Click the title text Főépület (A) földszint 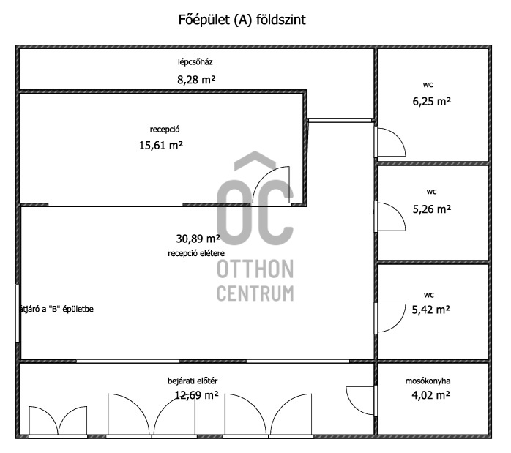tap(242, 20)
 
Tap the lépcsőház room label tap(195, 62)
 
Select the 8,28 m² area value tap(196, 80)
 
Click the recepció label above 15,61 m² tap(165, 130)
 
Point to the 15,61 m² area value tap(161, 145)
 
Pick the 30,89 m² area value tap(198, 239)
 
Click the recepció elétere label tap(196, 253)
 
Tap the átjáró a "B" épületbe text tap(56, 309)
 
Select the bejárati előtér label tap(193, 381)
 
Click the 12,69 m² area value tap(197, 395)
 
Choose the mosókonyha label tap(428, 381)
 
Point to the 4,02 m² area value tap(430, 395)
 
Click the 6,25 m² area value tap(432, 102)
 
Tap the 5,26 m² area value tap(432, 209)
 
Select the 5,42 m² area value tap(430, 310)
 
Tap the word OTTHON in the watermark tap(255, 269)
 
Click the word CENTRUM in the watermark tap(255, 293)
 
